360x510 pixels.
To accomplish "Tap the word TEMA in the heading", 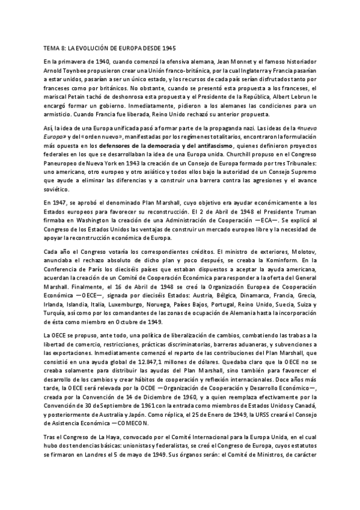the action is [53, 47].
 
